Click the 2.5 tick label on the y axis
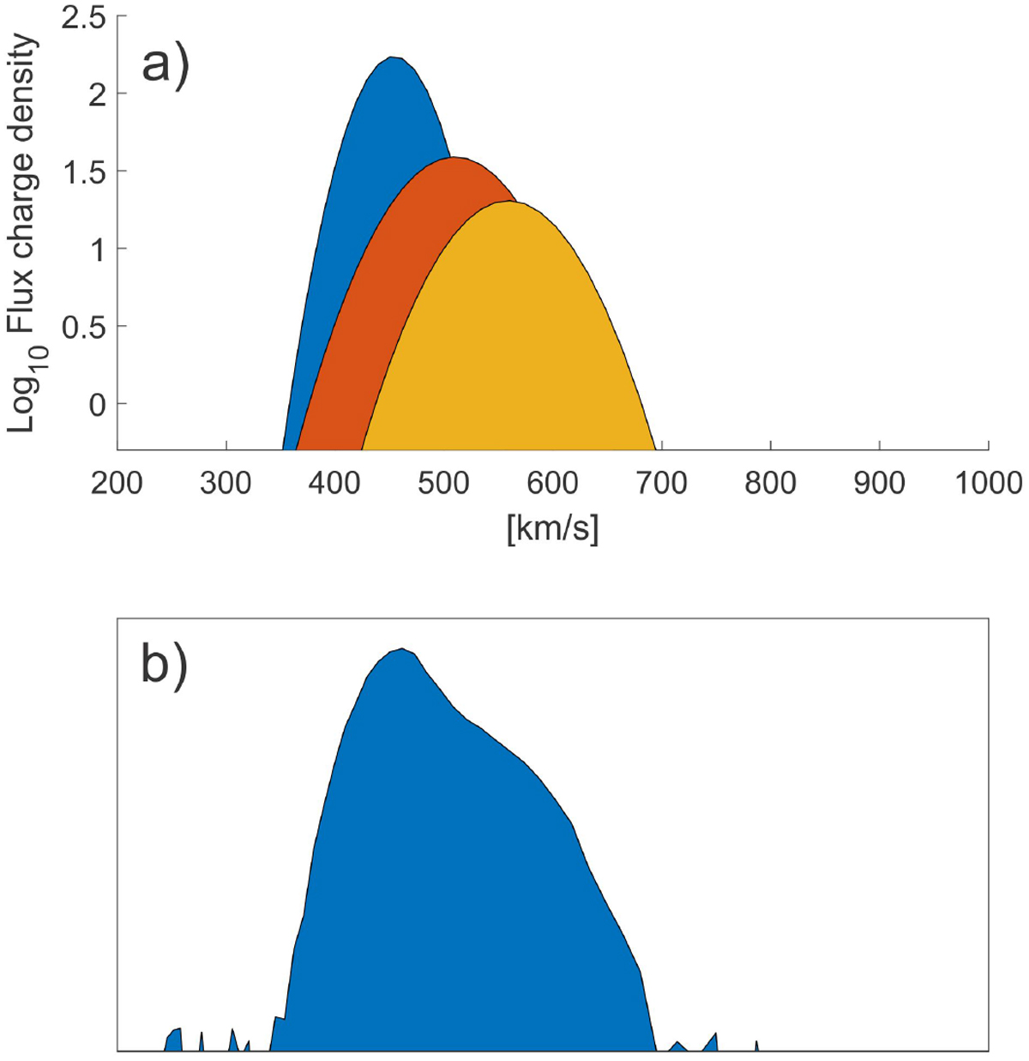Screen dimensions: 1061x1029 coord(82,18)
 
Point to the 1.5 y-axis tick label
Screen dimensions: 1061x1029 coord(82,172)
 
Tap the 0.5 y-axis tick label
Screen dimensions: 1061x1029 coord(82,327)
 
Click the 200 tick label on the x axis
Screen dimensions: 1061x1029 coord(117,484)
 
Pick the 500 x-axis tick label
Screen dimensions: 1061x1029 coord(443,484)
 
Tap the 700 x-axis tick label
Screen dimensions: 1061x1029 coord(662,484)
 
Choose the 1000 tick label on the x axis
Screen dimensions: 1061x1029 coord(988,484)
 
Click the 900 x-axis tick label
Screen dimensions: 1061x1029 coord(879,484)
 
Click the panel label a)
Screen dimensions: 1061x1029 coord(164,64)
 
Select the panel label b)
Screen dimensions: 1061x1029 coord(164,665)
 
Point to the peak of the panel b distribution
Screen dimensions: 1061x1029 coord(401,649)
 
